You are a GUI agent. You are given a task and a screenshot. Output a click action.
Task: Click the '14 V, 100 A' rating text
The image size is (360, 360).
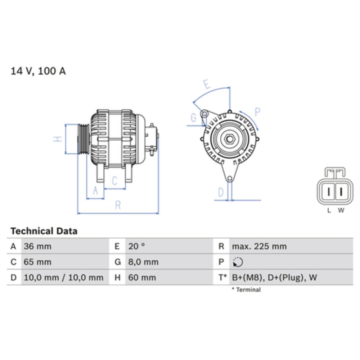[38, 71]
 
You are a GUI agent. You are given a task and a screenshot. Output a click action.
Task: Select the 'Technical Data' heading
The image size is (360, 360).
[44, 231]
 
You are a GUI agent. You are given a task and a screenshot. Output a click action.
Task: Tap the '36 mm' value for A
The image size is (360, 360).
[37, 247]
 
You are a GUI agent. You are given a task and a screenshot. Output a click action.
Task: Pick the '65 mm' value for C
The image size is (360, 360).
[37, 262]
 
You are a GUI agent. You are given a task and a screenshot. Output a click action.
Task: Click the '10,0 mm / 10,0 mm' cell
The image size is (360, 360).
[63, 278]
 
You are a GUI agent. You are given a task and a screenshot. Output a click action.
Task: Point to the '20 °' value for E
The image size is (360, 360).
[136, 247]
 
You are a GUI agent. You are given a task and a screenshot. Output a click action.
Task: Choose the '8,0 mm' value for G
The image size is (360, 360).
[143, 262]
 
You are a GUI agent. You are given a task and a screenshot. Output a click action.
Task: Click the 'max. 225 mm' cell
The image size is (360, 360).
[259, 247]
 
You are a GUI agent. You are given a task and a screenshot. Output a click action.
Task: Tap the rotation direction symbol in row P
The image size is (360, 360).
[238, 262]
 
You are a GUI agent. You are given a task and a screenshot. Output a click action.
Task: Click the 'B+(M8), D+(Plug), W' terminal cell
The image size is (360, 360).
[274, 278]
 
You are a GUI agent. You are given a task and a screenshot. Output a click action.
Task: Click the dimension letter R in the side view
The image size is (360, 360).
[118, 206]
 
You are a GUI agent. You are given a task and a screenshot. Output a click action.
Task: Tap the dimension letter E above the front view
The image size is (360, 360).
[207, 85]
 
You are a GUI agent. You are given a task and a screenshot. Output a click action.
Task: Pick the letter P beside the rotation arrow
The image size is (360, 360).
[257, 112]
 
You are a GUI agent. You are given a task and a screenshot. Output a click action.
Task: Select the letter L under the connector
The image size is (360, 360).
[329, 211]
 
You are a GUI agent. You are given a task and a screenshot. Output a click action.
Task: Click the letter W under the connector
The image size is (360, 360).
[341, 211]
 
